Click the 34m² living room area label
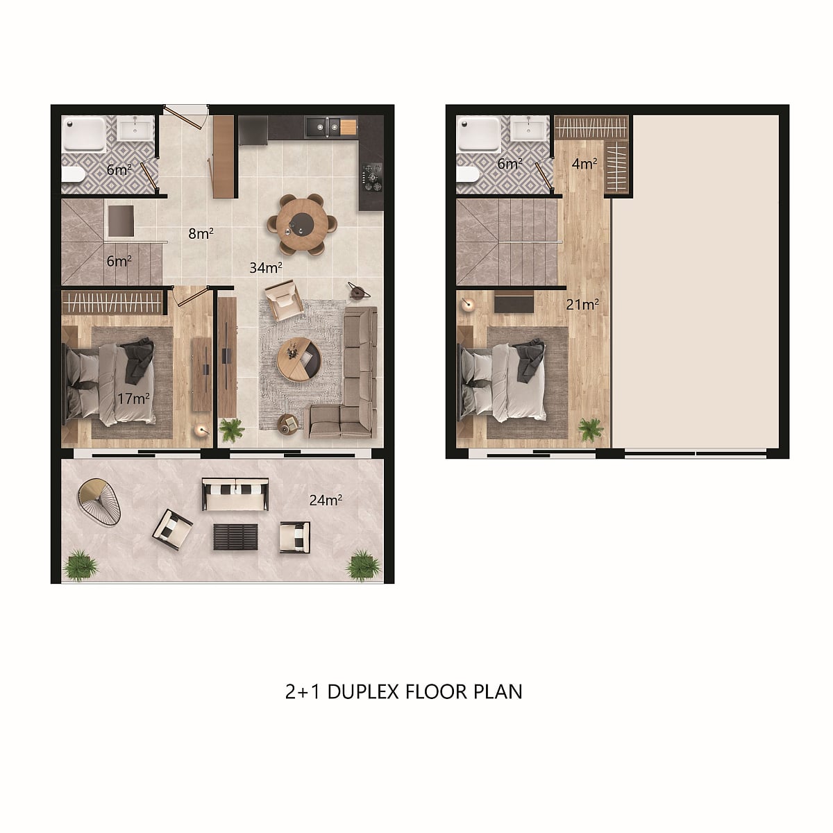point(266,267)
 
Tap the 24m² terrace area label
point(326,500)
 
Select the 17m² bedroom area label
point(133,398)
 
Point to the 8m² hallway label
point(201,233)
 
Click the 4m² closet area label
point(584,164)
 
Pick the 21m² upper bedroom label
point(582,305)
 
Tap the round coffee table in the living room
point(298,360)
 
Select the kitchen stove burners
point(373,177)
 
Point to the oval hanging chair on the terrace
point(99,502)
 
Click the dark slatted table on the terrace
point(235,537)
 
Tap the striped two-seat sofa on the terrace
point(235,494)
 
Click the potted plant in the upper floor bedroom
point(591,430)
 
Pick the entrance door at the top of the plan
point(185,117)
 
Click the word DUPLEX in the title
point(362,691)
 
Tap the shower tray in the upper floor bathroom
point(479,133)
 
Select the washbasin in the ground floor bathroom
point(135,128)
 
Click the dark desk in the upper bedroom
point(514,302)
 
